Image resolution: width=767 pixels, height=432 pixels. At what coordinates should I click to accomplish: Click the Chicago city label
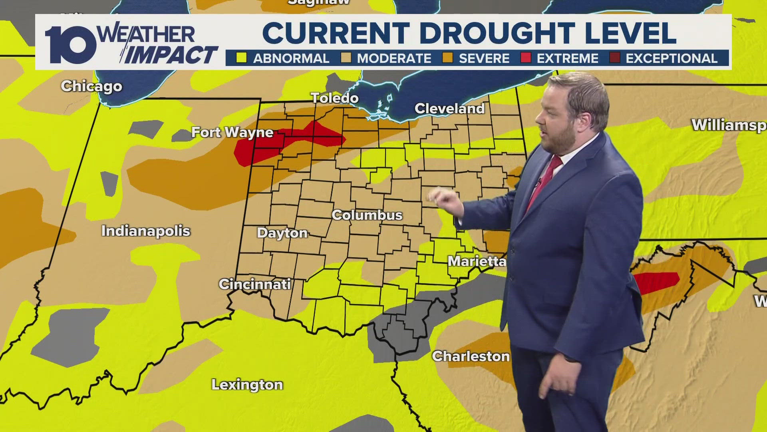91,86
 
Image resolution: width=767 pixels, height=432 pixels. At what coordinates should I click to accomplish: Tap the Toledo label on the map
335,98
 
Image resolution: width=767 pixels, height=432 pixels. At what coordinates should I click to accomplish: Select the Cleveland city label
449,108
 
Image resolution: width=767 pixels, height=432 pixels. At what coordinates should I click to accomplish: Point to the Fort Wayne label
232,132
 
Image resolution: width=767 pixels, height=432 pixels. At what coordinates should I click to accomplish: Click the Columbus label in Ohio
367,215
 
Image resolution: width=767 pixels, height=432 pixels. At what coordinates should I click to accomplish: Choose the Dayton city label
282,233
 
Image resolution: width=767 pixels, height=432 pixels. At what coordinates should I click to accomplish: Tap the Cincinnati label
254,284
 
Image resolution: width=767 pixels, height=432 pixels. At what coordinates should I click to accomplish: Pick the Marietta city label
477,262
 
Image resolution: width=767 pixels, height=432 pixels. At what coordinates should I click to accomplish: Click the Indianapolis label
145,231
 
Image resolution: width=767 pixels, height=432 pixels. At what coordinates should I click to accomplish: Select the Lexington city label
247,385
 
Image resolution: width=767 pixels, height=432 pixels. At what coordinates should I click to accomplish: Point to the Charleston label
471,356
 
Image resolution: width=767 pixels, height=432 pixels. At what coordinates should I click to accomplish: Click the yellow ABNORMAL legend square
241,58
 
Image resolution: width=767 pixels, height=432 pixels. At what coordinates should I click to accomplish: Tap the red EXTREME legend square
526,58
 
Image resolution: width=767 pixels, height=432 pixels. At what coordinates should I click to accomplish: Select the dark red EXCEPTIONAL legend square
614,58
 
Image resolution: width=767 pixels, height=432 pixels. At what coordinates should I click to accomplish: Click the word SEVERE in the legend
484,58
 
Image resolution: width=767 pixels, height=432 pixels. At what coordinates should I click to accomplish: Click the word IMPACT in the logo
172,55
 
